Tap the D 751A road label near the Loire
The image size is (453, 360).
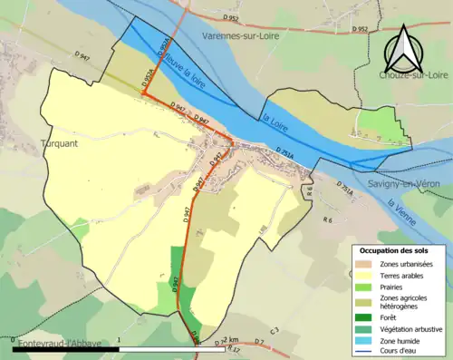284,150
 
